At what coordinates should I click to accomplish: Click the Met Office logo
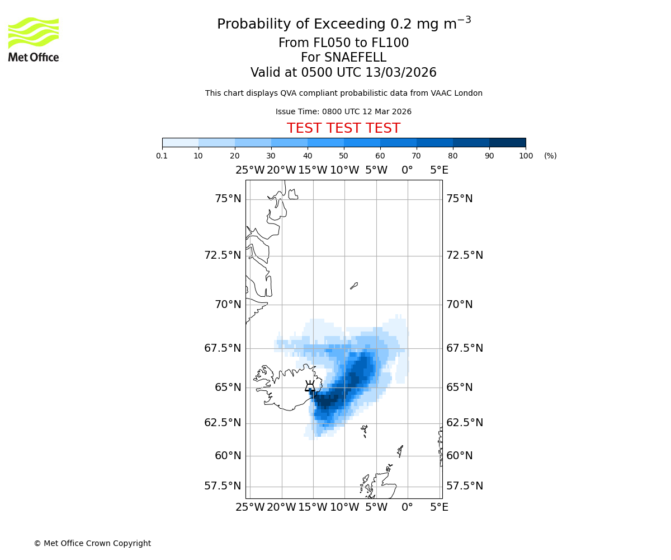click(34, 39)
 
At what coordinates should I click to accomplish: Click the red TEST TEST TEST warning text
click(343, 128)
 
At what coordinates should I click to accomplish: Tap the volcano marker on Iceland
click(310, 386)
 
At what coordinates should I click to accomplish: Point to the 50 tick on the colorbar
click(344, 147)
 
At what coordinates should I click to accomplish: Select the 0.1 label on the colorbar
click(162, 156)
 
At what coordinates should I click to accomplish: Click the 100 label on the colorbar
click(526, 156)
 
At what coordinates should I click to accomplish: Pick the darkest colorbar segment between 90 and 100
click(507, 142)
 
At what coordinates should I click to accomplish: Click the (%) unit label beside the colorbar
click(550, 156)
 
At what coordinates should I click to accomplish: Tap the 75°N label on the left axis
click(228, 199)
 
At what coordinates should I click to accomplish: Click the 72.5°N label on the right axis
click(465, 255)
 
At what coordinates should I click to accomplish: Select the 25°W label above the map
click(250, 170)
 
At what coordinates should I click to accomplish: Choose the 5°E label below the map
click(439, 507)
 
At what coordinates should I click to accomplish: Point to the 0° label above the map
click(407, 170)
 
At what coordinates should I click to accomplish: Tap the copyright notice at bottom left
click(92, 543)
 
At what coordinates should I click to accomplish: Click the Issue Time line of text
click(343, 112)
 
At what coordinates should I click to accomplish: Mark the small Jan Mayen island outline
click(353, 286)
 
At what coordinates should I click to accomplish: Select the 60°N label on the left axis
click(228, 456)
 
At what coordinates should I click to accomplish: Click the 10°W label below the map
click(344, 507)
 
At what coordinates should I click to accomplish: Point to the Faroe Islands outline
click(365, 431)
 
